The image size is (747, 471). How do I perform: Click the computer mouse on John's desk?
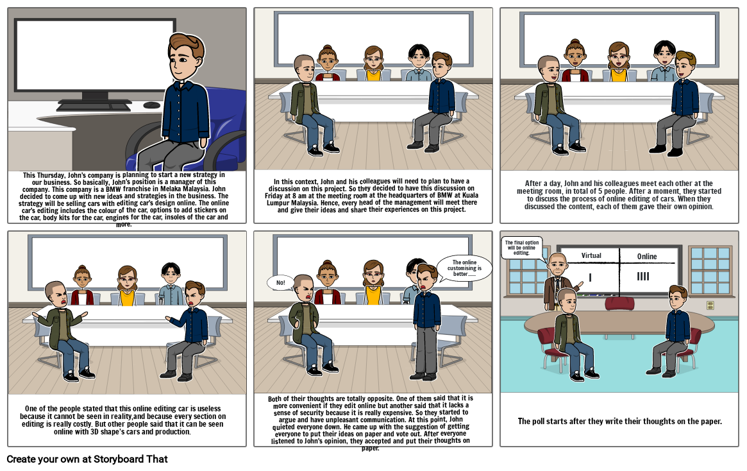point(152,105)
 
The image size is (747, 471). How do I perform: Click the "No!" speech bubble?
point(280,282)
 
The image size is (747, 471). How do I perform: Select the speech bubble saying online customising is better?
point(464,268)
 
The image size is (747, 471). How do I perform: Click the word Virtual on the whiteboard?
point(591,255)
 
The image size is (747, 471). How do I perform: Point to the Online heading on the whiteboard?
point(647,257)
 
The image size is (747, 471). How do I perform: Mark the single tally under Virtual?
point(590,277)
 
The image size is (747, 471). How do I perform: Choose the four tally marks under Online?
point(643,277)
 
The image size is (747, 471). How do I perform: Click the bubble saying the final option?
point(521,247)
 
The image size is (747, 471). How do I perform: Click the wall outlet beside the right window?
point(710,305)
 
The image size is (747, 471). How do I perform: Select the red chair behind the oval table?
point(619,304)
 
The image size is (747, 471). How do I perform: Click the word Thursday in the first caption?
point(56,175)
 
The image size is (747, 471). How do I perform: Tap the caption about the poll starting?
point(619,422)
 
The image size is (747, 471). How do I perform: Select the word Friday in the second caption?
point(277,196)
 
